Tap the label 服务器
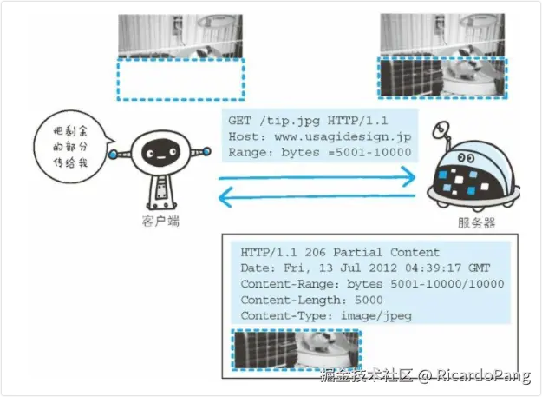[476, 222]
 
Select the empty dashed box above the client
[180, 79]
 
